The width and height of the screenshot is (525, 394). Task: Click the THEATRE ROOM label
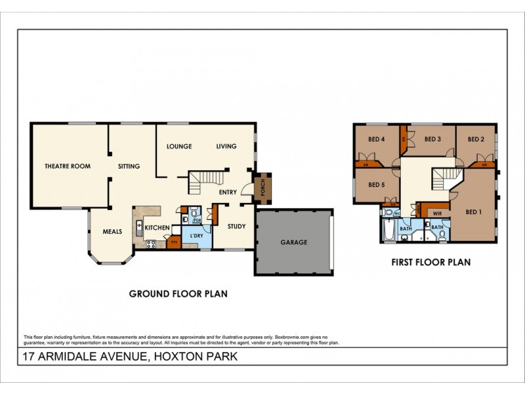tap(67, 166)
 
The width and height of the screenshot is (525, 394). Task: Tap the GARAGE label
tap(294, 242)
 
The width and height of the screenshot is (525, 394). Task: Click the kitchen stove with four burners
tap(150, 245)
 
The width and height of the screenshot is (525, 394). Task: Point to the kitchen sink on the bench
tap(138, 228)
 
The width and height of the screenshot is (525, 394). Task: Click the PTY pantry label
tap(174, 242)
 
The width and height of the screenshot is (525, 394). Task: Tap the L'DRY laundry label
tap(195, 236)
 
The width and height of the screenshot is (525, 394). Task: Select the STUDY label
tap(236, 227)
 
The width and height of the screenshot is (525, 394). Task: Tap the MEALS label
tap(113, 232)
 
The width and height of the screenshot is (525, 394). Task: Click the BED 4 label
tap(375, 139)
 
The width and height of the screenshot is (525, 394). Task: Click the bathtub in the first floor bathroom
tap(387, 230)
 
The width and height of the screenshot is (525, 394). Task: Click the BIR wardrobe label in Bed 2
tap(484, 165)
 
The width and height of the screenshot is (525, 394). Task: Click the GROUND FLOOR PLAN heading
tap(178, 294)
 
